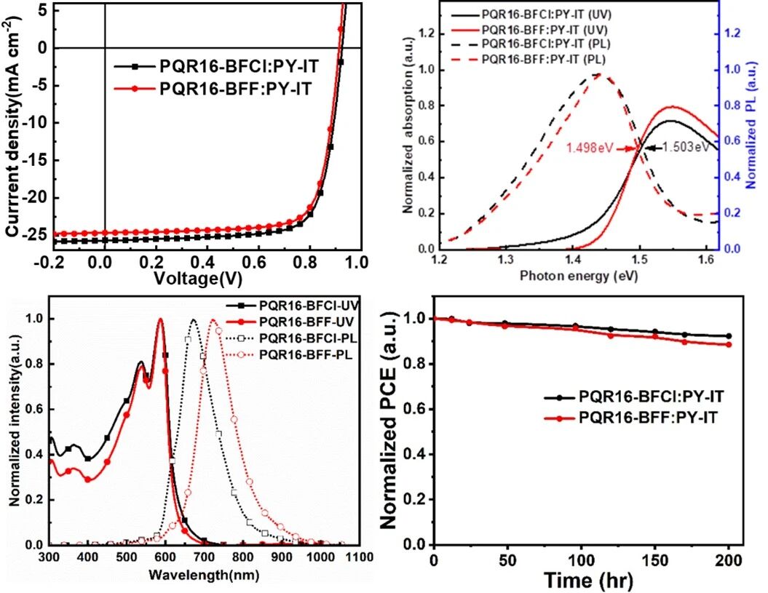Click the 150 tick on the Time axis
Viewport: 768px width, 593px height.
pos(655,560)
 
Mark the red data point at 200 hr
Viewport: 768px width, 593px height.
pos(729,345)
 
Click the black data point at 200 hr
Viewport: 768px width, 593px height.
pos(729,336)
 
